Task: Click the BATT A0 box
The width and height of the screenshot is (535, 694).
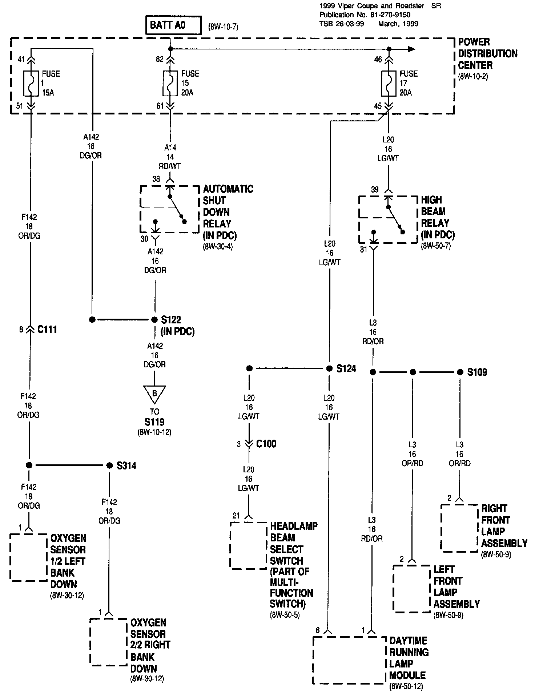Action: (173, 25)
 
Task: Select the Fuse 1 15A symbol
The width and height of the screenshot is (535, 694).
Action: (31, 83)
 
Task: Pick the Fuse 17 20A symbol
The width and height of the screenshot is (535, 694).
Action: (389, 83)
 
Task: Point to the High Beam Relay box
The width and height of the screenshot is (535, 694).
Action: (388, 219)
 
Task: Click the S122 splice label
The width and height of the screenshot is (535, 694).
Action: (171, 320)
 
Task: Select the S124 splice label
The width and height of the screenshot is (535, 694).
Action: (346, 369)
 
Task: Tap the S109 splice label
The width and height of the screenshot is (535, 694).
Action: (477, 372)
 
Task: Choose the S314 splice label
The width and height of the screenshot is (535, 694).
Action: (126, 466)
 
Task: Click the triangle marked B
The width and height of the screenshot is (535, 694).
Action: (154, 393)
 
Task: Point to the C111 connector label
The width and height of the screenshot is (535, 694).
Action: (47, 330)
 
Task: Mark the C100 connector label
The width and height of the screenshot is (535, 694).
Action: (266, 444)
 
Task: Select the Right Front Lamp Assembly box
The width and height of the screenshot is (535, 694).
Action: (459, 528)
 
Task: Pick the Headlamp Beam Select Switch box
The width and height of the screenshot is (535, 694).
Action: (248, 545)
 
